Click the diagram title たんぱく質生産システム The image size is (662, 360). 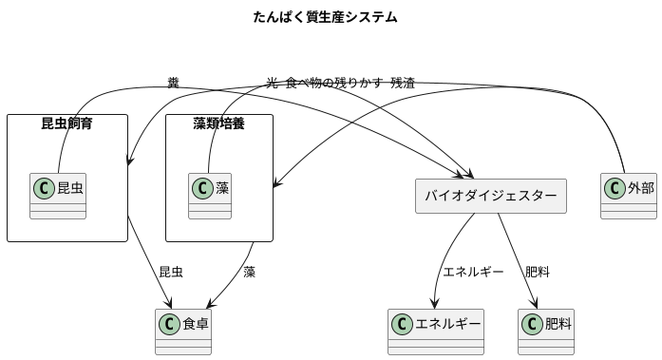(x=325, y=17)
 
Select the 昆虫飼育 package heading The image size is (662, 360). (x=66, y=123)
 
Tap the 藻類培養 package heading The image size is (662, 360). (x=218, y=123)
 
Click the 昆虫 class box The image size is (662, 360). (x=58, y=195)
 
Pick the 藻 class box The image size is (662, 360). (x=210, y=195)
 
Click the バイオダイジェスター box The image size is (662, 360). (x=490, y=196)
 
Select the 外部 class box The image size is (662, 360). (x=629, y=195)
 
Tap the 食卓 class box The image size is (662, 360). (x=183, y=331)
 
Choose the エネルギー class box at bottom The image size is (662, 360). (x=435, y=331)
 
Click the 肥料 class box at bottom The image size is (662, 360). (x=546, y=331)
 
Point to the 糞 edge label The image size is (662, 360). (x=172, y=84)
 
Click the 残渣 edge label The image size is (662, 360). (x=403, y=84)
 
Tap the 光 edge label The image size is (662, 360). (x=273, y=84)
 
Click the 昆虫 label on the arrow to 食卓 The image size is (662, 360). (x=170, y=272)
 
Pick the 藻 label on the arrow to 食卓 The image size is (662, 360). (x=249, y=272)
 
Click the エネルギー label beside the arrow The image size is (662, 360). (x=473, y=272)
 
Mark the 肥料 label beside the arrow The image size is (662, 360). (x=538, y=272)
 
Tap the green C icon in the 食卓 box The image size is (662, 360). (x=170, y=324)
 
